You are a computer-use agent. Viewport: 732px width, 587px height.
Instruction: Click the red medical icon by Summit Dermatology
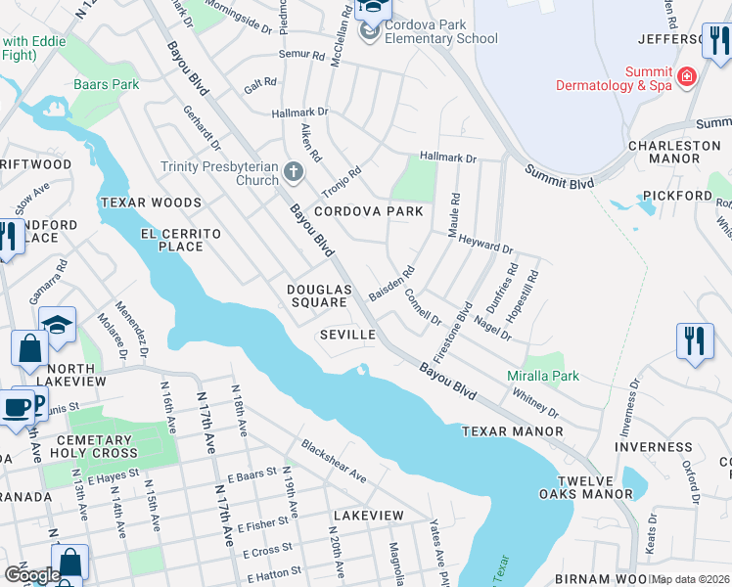coord(686,76)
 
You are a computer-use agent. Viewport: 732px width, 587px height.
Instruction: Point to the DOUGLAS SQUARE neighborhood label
coord(319,295)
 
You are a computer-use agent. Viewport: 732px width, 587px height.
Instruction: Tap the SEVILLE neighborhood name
coord(348,335)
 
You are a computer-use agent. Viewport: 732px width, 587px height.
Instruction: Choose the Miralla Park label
coord(543,376)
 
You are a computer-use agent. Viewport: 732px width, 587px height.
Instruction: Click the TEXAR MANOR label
coord(512,431)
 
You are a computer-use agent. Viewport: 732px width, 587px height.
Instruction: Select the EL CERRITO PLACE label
coord(186,240)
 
